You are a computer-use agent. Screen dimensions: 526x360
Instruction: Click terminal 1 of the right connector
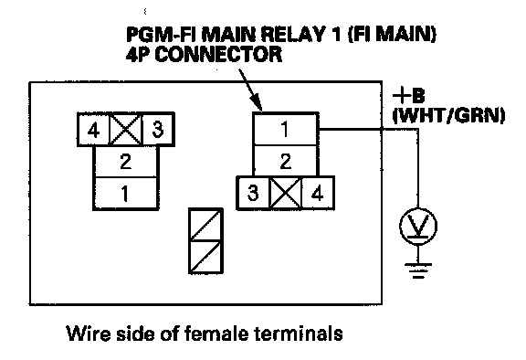(x=285, y=129)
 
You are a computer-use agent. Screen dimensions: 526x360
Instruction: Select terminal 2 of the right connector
(x=285, y=161)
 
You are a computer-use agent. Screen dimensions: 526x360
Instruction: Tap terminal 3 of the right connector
(x=253, y=194)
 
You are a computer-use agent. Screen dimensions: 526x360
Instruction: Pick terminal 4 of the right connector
(x=318, y=194)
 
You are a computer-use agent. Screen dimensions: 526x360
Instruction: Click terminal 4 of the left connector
(x=93, y=130)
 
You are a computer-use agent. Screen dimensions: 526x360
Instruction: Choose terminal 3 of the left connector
(x=158, y=130)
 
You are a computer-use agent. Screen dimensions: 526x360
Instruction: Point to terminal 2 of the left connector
(x=125, y=162)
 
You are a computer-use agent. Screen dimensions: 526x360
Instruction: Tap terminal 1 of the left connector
(x=125, y=194)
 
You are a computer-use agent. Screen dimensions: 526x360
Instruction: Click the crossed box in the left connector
(x=126, y=130)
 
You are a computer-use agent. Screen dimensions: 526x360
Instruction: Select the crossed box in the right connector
(x=286, y=194)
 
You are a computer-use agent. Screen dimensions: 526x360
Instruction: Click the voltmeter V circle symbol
(x=418, y=226)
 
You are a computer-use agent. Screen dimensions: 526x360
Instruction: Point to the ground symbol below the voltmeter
(x=418, y=271)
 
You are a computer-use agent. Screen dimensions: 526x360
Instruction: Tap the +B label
(x=408, y=96)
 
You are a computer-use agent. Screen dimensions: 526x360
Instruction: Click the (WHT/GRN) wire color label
(x=448, y=116)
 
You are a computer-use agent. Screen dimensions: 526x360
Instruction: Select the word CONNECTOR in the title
(x=218, y=54)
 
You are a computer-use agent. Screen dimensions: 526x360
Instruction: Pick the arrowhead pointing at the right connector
(x=257, y=101)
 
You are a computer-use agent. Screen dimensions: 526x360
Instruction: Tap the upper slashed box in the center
(x=206, y=225)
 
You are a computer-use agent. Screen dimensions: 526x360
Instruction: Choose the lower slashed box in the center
(x=206, y=257)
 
